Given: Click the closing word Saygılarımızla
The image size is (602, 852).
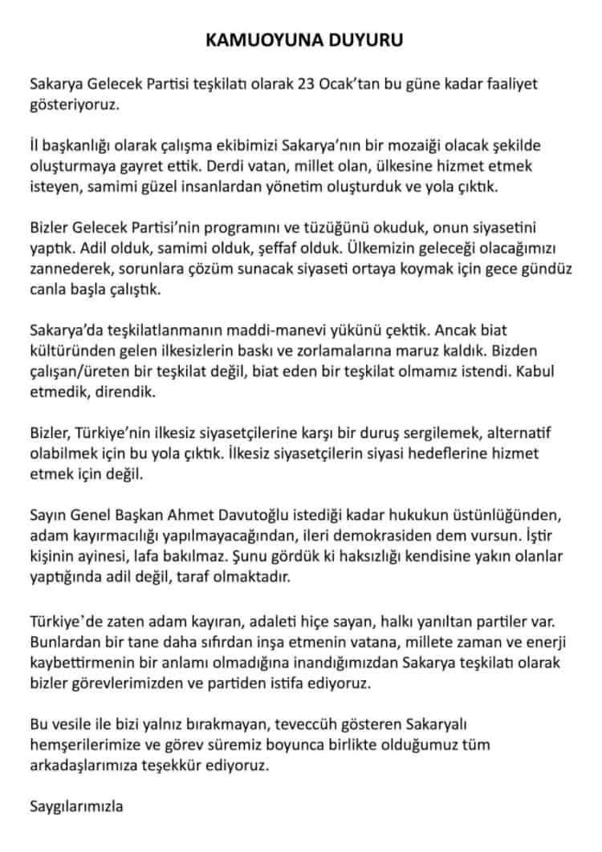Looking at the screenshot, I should [76, 805].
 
